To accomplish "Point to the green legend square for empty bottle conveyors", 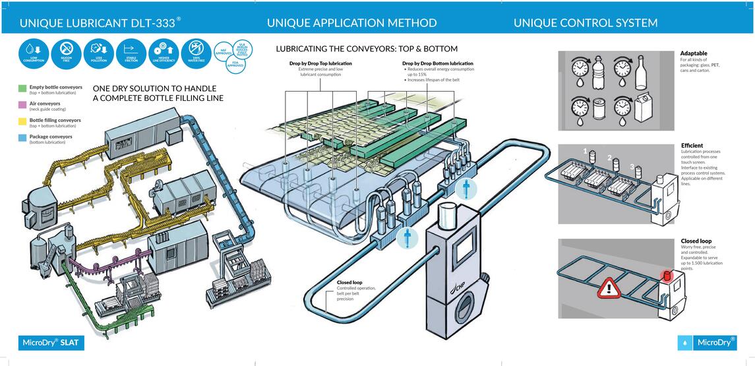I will (x=22, y=88).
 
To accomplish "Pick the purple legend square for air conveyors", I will (x=22, y=104).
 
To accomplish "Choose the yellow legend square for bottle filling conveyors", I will (x=22, y=121).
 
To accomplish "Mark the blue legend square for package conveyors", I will (x=22, y=137).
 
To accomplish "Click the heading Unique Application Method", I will (x=351, y=23).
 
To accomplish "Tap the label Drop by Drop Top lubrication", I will (x=320, y=63).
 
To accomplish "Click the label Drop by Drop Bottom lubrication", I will (x=438, y=63).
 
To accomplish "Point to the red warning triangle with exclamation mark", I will (x=609, y=287).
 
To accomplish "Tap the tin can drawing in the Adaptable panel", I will (x=599, y=109).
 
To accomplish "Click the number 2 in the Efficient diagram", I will (x=610, y=158).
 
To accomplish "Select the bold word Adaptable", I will (x=694, y=53).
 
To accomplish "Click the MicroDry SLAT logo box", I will (x=51, y=342).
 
